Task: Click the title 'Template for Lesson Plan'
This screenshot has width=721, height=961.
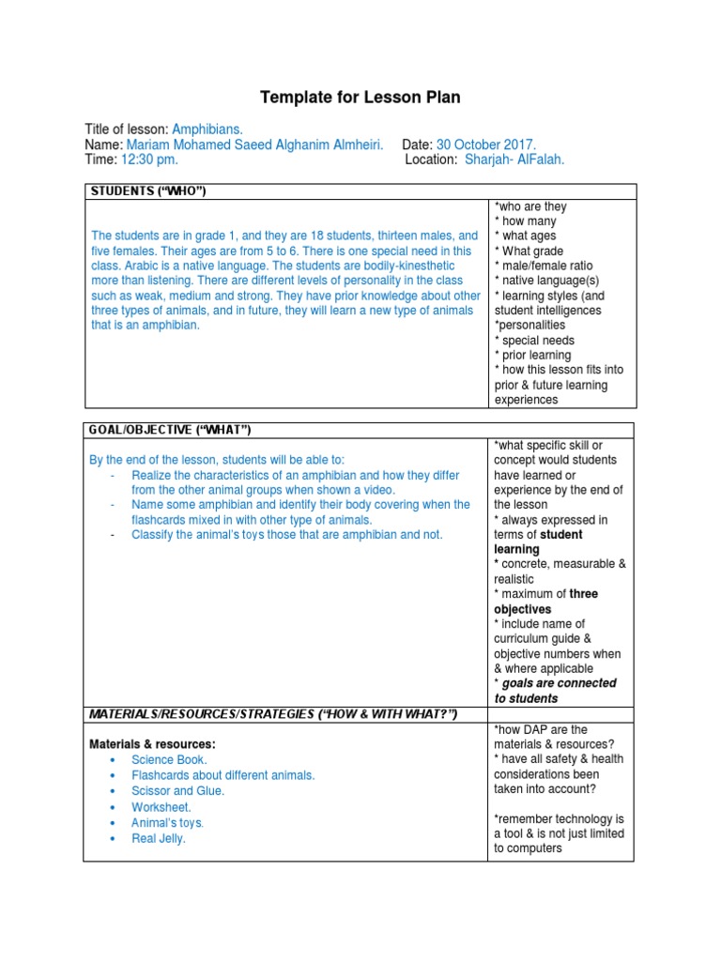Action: tap(360, 98)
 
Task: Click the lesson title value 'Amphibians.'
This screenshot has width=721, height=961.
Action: tap(207, 129)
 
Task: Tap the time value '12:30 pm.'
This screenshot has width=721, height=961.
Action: tap(149, 160)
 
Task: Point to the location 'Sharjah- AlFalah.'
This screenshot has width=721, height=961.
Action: tap(514, 160)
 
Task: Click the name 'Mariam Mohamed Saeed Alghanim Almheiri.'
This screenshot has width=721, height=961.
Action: tap(255, 145)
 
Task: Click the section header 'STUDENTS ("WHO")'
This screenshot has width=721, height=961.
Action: tap(147, 191)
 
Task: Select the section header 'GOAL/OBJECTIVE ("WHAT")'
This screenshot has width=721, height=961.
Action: tap(170, 430)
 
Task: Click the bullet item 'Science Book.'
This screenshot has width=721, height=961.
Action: tap(169, 759)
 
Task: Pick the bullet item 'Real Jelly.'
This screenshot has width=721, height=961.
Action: tap(159, 839)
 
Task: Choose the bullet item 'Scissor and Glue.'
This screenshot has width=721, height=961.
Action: tap(178, 791)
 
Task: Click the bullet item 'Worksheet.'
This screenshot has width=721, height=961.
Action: tap(161, 807)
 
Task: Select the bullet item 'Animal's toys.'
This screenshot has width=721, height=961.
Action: tap(168, 823)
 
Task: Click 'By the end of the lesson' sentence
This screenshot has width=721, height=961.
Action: tap(217, 460)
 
